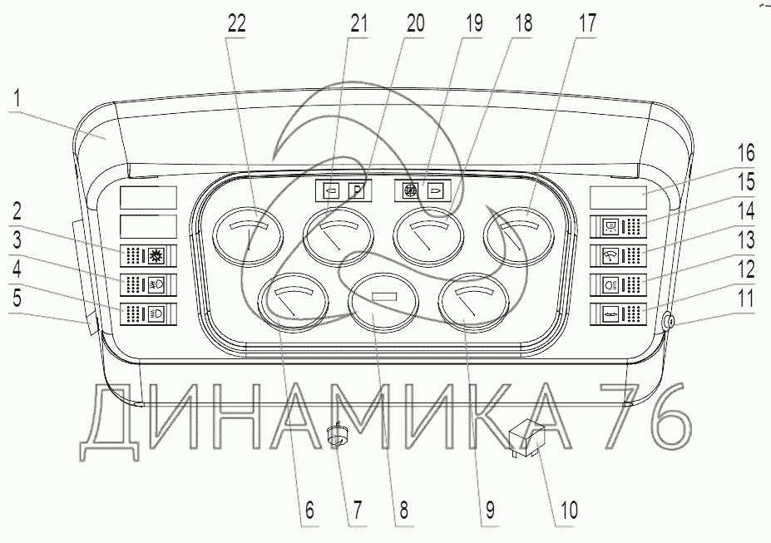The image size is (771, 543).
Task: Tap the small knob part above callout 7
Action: coord(338,436)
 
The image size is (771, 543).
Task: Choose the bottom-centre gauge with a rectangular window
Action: coord(383,303)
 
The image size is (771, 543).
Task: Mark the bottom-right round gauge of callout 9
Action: coord(474,303)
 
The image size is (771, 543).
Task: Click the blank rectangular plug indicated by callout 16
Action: coord(618,198)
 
